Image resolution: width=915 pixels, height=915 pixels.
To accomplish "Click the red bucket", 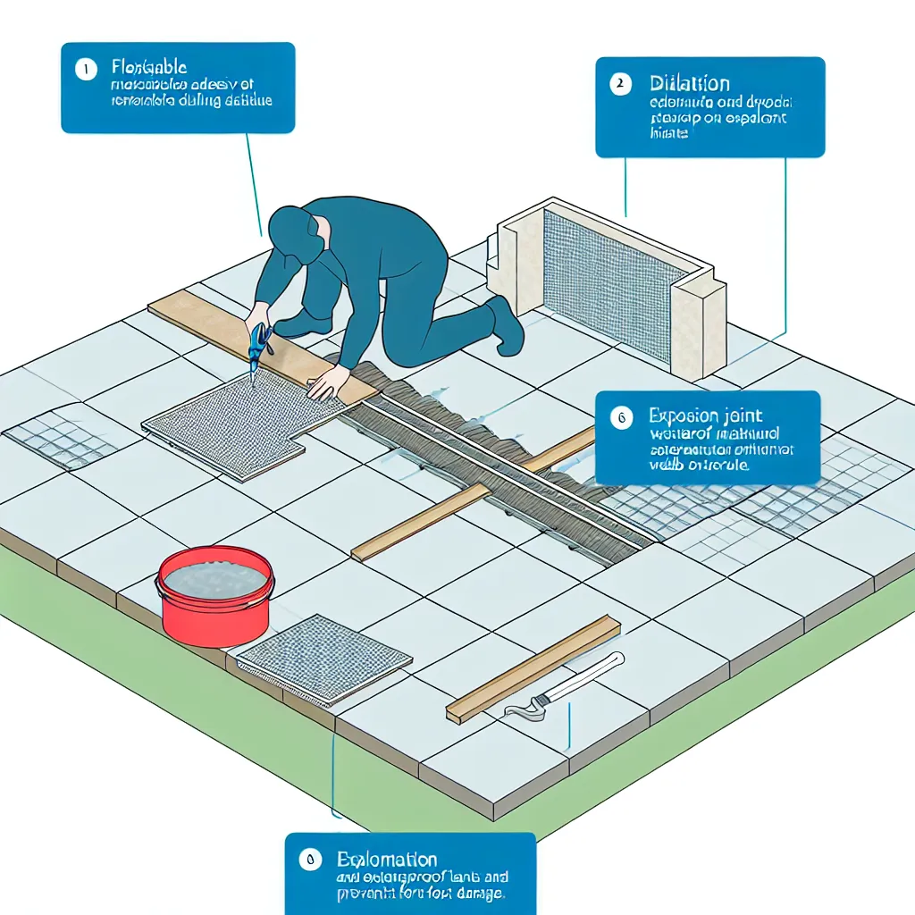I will [x=214, y=599].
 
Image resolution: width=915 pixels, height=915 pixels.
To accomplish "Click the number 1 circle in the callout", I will [x=86, y=69].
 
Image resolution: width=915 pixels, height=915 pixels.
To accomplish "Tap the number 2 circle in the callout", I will [x=618, y=85].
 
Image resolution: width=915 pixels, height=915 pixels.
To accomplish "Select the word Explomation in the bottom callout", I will [x=387, y=860].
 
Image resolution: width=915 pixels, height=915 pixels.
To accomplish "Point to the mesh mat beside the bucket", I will [x=323, y=659].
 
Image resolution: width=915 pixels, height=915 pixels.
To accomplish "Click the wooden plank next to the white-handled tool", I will [x=533, y=668].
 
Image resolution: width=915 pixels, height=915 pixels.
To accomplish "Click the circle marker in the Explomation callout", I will [x=309, y=860].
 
